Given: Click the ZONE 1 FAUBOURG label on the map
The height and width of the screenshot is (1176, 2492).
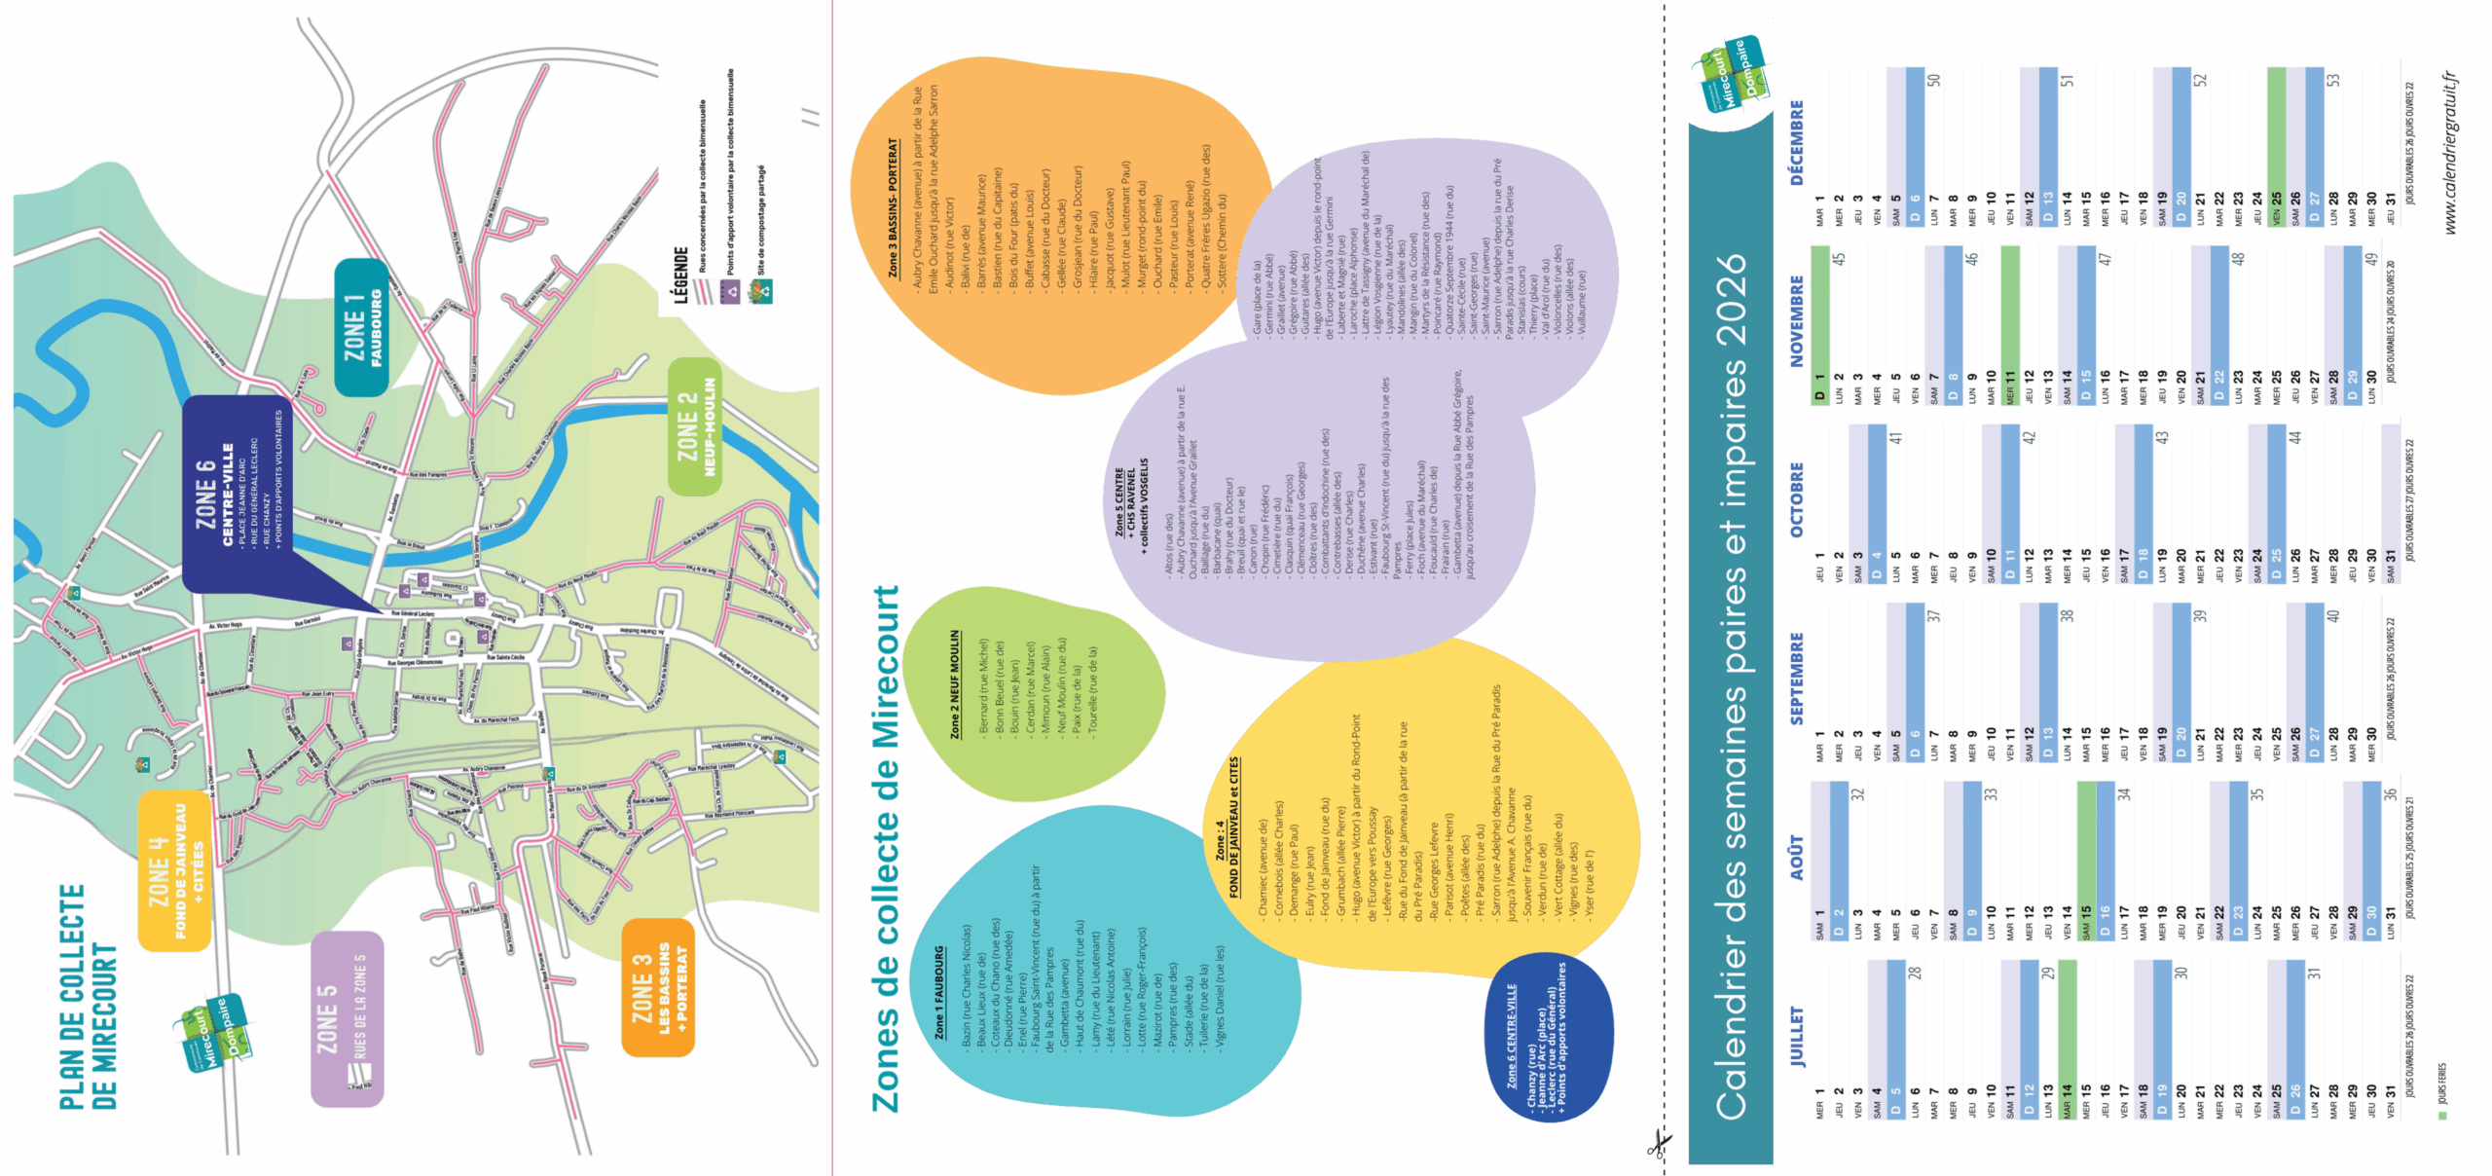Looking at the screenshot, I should click(x=361, y=327).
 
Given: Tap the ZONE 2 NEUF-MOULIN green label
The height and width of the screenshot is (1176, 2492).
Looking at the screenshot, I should click(x=695, y=426).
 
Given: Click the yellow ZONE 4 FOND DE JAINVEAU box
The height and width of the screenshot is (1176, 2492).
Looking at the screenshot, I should click(x=174, y=870).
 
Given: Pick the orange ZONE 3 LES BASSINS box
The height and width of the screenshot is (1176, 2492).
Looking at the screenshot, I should click(x=657, y=987).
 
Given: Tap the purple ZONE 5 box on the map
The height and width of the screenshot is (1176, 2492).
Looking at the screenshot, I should click(x=347, y=1018).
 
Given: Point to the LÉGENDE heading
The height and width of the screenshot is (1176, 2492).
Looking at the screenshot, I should click(x=680, y=276).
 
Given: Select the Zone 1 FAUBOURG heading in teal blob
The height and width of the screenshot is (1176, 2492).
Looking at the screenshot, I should click(x=938, y=991).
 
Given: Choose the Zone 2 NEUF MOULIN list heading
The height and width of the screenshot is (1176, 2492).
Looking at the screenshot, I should click(x=954, y=683).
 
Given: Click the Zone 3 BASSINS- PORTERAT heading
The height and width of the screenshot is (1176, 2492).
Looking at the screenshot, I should click(x=892, y=207).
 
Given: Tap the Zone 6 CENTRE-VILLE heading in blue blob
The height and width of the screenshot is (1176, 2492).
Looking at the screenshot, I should click(x=1511, y=1035).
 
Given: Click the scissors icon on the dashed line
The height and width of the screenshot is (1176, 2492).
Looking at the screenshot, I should click(x=1658, y=1144).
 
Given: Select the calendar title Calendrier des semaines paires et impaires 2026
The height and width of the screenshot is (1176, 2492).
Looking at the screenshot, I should click(x=1731, y=686).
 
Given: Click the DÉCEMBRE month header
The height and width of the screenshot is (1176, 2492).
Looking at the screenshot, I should click(x=1796, y=142).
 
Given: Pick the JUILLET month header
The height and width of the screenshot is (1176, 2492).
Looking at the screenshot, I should click(x=1796, y=1036).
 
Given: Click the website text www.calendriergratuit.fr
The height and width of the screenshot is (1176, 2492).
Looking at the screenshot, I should click(x=2450, y=153).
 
